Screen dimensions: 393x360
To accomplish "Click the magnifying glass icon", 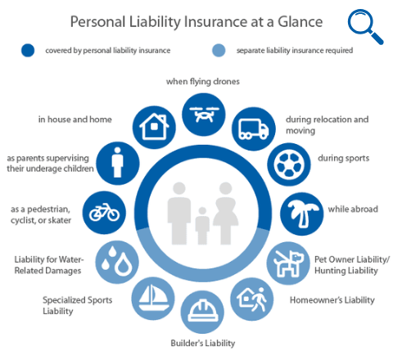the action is pyautogui.click(x=364, y=26).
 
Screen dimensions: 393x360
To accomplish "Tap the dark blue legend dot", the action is pyautogui.click(x=28, y=51).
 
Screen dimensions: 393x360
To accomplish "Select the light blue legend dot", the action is pyautogui.click(x=219, y=51).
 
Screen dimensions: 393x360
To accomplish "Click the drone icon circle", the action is pyautogui.click(x=204, y=115).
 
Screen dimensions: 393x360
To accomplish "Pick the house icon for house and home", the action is pyautogui.click(x=154, y=128).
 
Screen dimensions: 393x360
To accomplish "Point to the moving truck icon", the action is pyautogui.click(x=254, y=129).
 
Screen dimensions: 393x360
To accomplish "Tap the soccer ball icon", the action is pyautogui.click(x=289, y=164).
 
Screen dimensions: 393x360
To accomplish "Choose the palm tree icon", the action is pyautogui.click(x=302, y=214).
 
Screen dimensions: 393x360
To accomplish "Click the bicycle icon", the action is pyautogui.click(x=104, y=213).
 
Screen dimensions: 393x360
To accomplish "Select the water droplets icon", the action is pyautogui.click(x=117, y=262).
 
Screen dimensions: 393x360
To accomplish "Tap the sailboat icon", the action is pyautogui.click(x=153, y=299).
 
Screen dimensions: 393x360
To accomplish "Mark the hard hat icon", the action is pyautogui.click(x=203, y=313).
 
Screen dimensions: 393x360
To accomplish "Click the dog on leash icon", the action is pyautogui.click(x=288, y=263).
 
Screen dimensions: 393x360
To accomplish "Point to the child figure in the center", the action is pyautogui.click(x=202, y=226).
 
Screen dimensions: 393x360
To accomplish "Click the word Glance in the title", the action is pyautogui.click(x=300, y=22).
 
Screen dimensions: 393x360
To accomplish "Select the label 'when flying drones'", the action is pyautogui.click(x=203, y=82).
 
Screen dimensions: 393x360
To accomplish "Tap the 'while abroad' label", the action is pyautogui.click(x=353, y=209).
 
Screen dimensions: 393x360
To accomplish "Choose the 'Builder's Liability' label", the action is pyautogui.click(x=203, y=343).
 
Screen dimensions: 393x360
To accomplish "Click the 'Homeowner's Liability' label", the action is pyautogui.click(x=332, y=300).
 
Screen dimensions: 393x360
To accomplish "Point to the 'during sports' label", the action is pyautogui.click(x=343, y=158).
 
